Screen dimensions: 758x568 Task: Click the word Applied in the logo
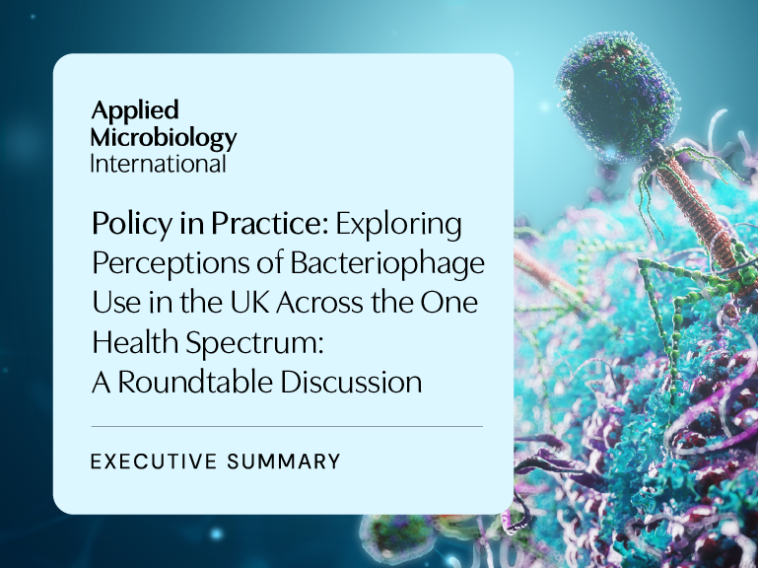pyautogui.click(x=135, y=111)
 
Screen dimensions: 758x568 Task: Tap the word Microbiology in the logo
pyautogui.click(x=164, y=138)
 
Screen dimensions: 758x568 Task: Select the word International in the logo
pyautogui.click(x=158, y=164)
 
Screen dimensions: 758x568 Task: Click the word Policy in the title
pyautogui.click(x=131, y=225)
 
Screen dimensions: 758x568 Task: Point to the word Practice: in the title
pyautogui.click(x=270, y=225)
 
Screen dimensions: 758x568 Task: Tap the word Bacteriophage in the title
pyautogui.click(x=387, y=264)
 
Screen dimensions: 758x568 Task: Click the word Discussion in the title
pyautogui.click(x=351, y=382)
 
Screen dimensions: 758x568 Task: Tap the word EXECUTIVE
pyautogui.click(x=154, y=461)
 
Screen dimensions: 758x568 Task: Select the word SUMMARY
pyautogui.click(x=284, y=461)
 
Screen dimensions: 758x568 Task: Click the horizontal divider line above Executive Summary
pyautogui.click(x=287, y=427)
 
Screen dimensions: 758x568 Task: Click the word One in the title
pyautogui.click(x=448, y=304)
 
